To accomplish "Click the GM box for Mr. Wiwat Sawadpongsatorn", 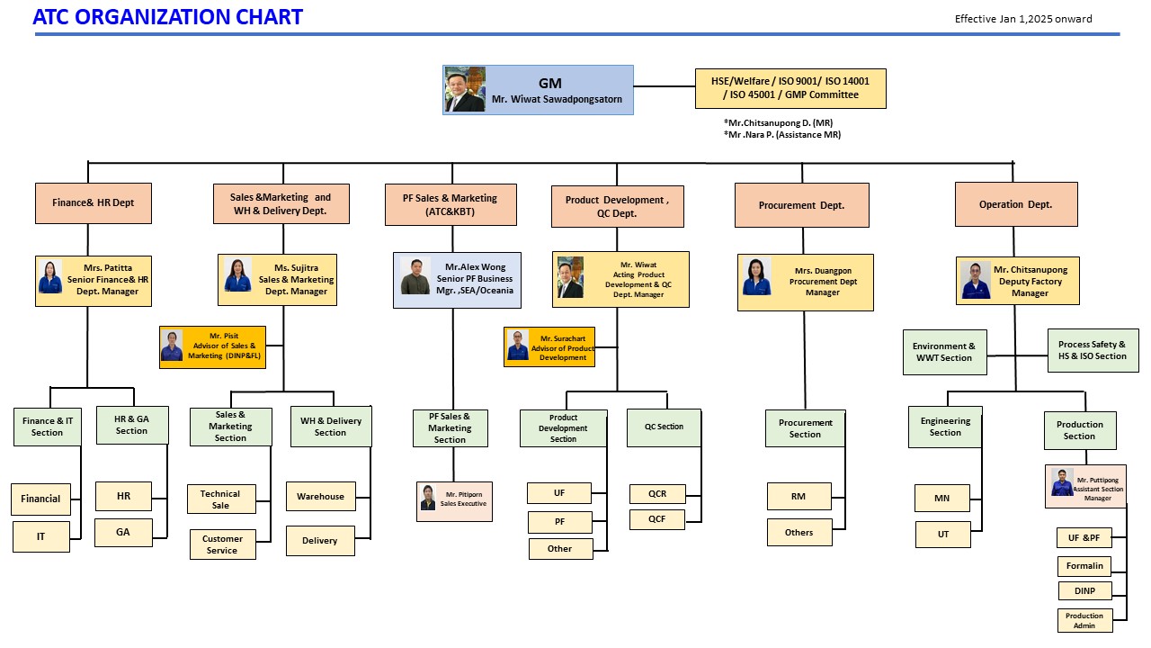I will tap(538, 90).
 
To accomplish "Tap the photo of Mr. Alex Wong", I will tap(415, 277).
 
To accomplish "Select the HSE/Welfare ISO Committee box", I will tap(790, 88).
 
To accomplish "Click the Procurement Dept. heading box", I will tap(801, 205).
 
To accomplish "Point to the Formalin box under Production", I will tap(1084, 566).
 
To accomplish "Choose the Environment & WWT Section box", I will tap(943, 352).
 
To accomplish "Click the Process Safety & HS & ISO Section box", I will tap(1092, 350).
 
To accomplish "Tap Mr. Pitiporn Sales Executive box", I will tap(454, 501).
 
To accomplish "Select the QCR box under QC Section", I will tap(656, 494).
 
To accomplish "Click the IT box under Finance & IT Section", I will tap(40, 536).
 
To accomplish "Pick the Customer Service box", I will tap(222, 544).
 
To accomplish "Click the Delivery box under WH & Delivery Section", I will tap(320, 541).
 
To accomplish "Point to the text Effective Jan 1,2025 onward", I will tap(1023, 19).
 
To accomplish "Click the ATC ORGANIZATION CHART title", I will tap(167, 17).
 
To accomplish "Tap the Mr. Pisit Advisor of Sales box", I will tap(212, 346).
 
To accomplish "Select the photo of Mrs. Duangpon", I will tap(756, 277).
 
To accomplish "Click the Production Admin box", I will tap(1084, 621).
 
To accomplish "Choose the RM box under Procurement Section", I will tap(799, 496).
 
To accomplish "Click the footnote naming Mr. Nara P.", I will tap(781, 135).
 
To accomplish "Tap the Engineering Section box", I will tap(945, 427).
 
